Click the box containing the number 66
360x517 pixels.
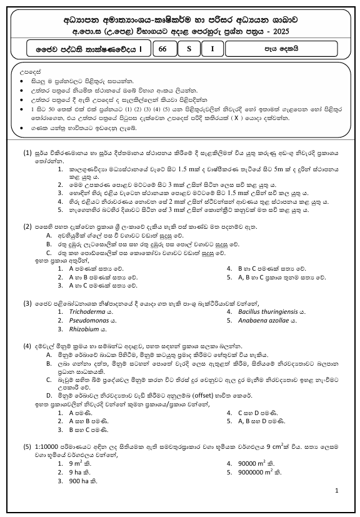(163, 48)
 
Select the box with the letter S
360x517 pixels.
(188, 48)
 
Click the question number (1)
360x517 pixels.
(27, 152)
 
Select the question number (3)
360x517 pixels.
(27, 303)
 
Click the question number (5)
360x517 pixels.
(27, 447)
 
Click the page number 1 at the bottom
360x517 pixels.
(336, 492)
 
